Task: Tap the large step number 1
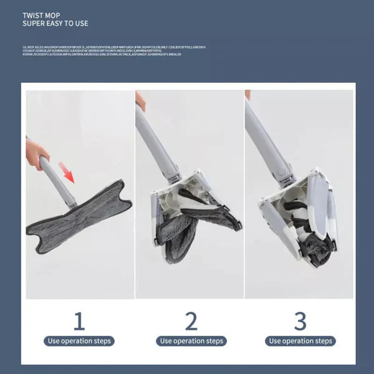click(79, 321)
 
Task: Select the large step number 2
click(191, 321)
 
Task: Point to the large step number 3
click(300, 321)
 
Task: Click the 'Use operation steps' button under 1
click(79, 341)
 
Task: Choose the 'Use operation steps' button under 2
click(191, 341)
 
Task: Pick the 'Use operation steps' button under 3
click(300, 341)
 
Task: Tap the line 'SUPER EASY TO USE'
click(55, 24)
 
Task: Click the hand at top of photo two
click(140, 100)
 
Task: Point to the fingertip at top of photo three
click(247, 94)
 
